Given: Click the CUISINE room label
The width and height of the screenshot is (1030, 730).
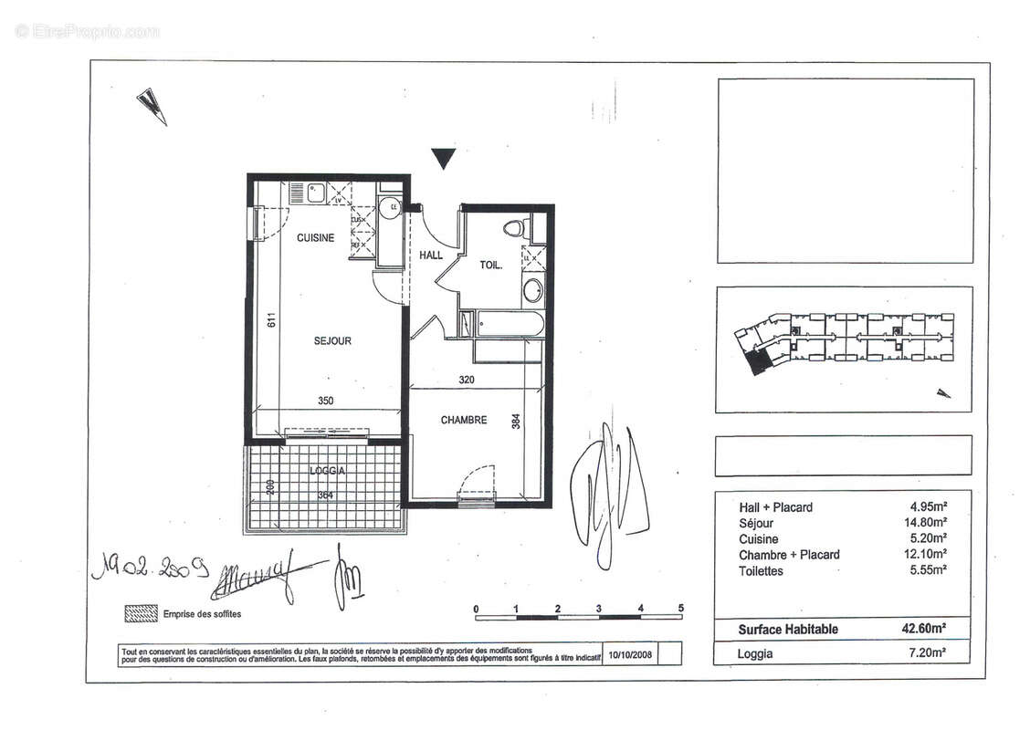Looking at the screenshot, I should click(x=315, y=237).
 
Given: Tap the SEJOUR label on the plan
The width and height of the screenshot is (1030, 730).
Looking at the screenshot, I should click(x=332, y=341).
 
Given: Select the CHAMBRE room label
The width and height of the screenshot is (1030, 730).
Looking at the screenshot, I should click(x=463, y=421).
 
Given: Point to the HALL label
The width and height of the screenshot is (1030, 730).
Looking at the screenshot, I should click(x=431, y=256).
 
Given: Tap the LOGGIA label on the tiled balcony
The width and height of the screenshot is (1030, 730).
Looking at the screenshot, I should click(x=326, y=471).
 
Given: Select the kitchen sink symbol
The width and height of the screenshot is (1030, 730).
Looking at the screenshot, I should click(x=315, y=193).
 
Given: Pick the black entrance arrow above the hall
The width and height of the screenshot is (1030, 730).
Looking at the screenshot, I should click(x=443, y=160).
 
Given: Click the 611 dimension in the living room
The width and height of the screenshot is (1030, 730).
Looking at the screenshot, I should click(x=270, y=321).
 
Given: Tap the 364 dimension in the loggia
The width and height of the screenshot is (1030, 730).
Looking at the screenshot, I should click(x=325, y=495).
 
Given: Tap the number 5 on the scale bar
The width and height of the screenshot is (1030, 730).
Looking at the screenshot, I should click(x=681, y=609).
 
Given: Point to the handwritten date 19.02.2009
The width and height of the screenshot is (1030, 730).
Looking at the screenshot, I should click(x=152, y=569).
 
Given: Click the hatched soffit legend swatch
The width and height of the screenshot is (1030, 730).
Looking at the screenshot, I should click(x=141, y=614).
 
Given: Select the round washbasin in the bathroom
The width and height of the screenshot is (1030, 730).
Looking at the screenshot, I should click(x=531, y=292).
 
